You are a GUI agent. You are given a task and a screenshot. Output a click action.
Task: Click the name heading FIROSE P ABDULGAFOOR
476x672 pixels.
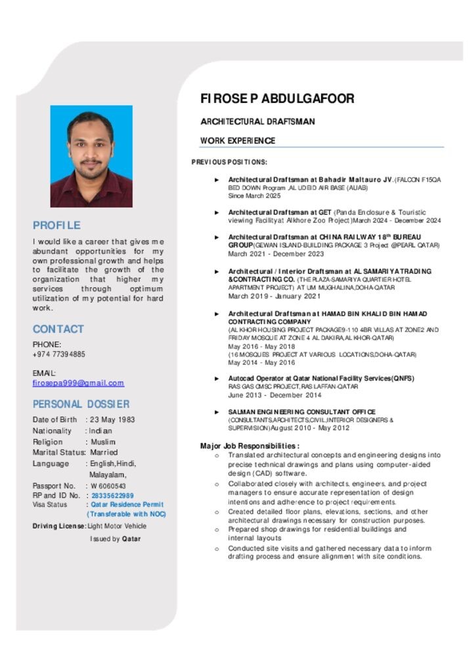point(277,99)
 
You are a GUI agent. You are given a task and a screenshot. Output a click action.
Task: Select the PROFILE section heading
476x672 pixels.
point(56,225)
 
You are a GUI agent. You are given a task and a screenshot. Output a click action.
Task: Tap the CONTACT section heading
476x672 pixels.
point(58,329)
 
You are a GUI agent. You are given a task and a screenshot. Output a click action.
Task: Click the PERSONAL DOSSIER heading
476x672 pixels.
point(81,404)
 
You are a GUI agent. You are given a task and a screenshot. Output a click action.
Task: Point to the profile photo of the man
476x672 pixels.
point(91,156)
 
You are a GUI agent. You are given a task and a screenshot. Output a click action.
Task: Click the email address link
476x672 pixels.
point(78,383)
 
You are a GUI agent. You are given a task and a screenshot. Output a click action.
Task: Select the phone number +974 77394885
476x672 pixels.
point(59,354)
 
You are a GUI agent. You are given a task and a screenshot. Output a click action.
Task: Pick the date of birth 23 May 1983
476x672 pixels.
point(112,420)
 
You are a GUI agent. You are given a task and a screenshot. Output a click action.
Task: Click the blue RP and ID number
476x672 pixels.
point(112,495)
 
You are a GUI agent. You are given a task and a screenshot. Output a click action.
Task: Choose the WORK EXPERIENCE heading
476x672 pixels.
point(238,141)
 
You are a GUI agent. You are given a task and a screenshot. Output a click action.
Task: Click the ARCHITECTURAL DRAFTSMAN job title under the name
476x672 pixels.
point(257,122)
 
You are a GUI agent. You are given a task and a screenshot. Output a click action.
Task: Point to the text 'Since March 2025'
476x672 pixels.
point(254,196)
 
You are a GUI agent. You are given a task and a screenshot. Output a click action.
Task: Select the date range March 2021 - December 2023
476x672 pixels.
point(276,254)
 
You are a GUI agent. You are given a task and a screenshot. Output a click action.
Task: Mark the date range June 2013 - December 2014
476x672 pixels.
point(274,395)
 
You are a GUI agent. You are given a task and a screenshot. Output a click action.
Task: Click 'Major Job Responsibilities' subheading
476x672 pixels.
point(249,446)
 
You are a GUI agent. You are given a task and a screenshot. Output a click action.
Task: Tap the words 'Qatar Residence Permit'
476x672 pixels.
point(127,505)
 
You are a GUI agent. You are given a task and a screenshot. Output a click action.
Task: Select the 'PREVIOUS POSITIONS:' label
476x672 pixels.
point(229,162)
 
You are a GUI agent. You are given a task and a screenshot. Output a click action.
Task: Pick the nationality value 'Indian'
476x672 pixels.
point(101,431)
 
